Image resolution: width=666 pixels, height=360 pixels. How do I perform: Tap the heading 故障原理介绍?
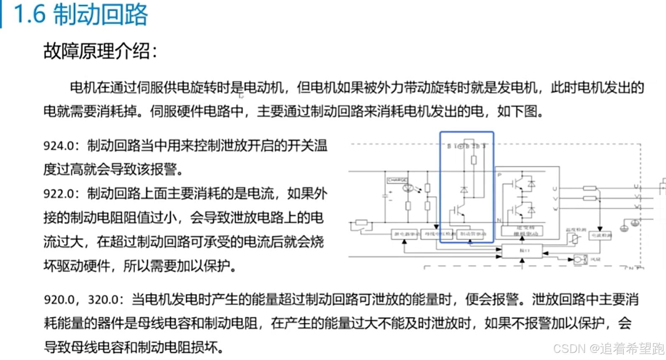pos(100,51)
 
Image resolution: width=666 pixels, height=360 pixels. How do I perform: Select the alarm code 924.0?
pos(59,146)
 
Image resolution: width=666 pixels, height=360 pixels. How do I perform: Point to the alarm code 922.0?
pos(59,194)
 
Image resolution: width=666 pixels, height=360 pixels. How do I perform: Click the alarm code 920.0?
pos(59,300)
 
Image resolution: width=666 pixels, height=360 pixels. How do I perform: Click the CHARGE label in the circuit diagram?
pos(397,180)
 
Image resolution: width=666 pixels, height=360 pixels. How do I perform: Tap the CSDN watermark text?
pos(569,348)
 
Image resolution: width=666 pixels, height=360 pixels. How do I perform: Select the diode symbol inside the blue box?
pos(464,190)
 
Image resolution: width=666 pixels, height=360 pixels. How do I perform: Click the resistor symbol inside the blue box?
pos(474,160)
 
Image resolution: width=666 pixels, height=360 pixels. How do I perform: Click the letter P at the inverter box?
pos(499,175)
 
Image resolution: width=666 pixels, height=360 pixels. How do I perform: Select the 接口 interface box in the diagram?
pos(522,251)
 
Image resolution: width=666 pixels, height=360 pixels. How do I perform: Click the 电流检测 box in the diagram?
pos(600,236)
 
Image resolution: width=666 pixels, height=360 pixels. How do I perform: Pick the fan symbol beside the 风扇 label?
pos(580,260)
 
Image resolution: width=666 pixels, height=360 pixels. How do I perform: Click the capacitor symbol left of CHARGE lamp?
pos(386,196)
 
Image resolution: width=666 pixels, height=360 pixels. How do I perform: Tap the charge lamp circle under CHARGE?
pos(407,188)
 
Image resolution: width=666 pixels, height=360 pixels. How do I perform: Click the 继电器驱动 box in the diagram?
pos(405,234)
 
